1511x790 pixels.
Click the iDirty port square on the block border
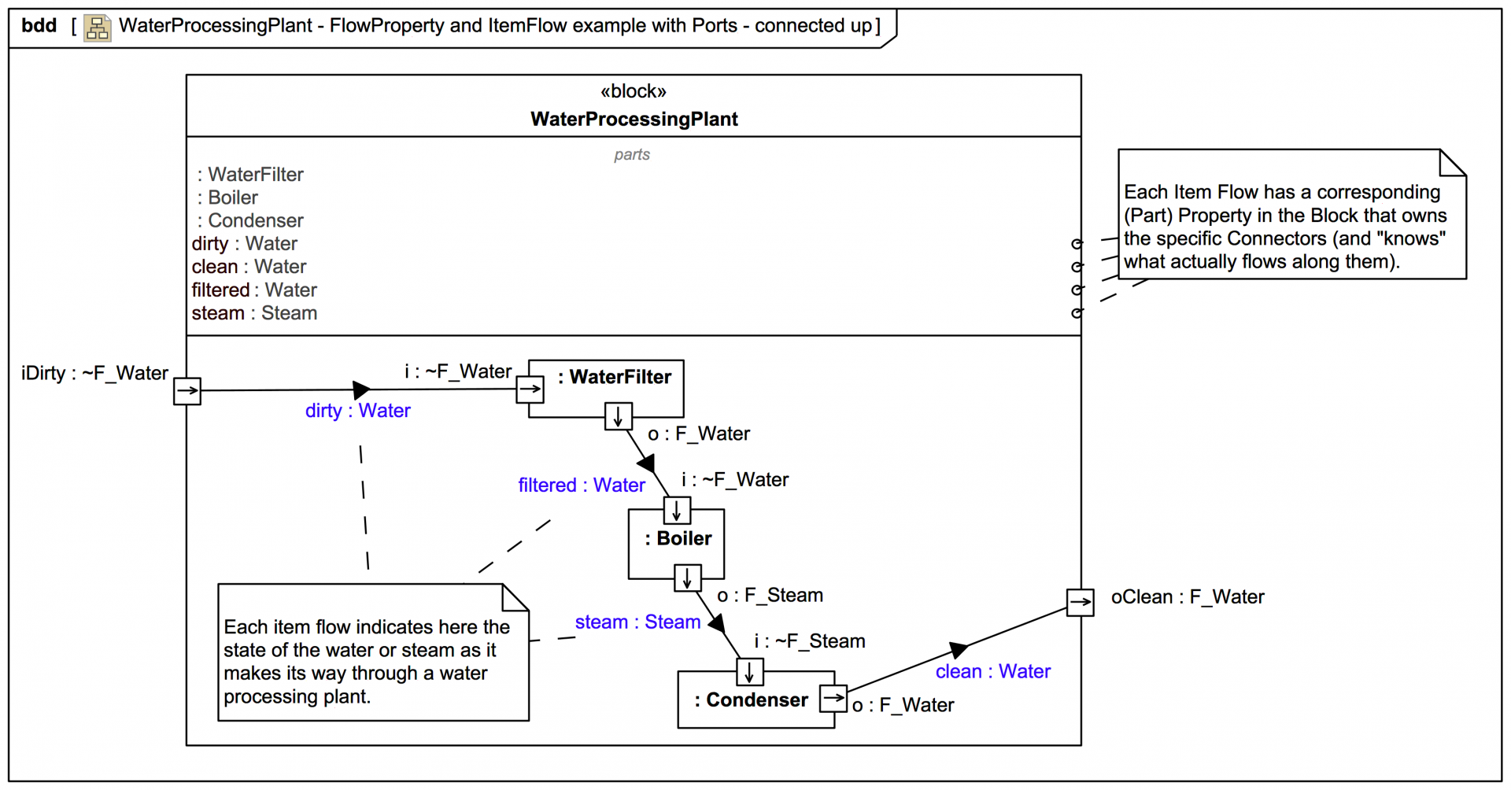click(x=187, y=390)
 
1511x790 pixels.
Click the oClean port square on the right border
click(x=1080, y=603)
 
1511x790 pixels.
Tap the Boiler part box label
click(x=678, y=539)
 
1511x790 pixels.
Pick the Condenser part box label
click(x=752, y=700)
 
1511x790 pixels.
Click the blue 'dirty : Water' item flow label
click(x=357, y=411)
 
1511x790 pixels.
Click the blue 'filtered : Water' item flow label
click(x=581, y=485)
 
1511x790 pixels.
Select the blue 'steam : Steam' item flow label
click(x=637, y=622)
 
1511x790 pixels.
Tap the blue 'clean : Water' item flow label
click(x=992, y=672)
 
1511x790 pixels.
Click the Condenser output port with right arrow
click(x=833, y=698)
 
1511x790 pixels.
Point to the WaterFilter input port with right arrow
click(x=530, y=389)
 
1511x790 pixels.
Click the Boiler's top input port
click(x=677, y=511)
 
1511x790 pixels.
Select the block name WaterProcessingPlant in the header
click(x=634, y=120)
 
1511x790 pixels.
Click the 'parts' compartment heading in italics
click(x=632, y=155)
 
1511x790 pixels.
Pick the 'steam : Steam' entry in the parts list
click(x=254, y=313)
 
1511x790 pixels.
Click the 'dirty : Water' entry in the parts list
click(x=244, y=244)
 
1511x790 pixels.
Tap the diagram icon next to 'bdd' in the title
click(x=98, y=28)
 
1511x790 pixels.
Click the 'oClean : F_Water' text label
click(x=1187, y=597)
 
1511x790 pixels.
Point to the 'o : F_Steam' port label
click(x=770, y=596)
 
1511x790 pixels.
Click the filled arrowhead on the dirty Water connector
click(x=361, y=389)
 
